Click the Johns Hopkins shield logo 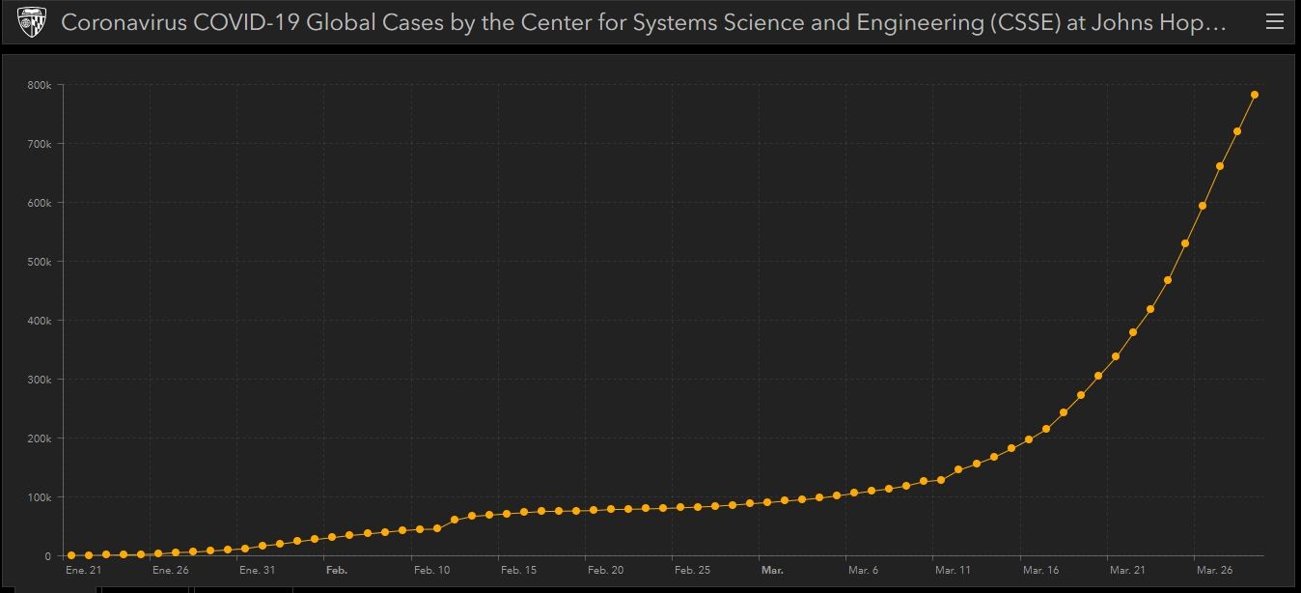pos(32,22)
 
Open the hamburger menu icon pos(1274,22)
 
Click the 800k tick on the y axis pos(40,85)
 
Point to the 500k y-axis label pos(40,262)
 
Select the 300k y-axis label pos(40,380)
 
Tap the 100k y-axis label pos(40,497)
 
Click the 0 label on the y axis pos(48,556)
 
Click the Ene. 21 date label pos(82,571)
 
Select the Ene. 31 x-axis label pos(257,571)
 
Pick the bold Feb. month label pos(336,571)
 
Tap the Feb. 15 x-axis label pos(518,571)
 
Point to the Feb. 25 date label pos(692,571)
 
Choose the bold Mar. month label pos(772,571)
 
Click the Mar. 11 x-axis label pos(953,571)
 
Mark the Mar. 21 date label pos(1127,571)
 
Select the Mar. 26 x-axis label pos(1214,571)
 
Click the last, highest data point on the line pos(1255,95)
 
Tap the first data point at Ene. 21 pos(71,555)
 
